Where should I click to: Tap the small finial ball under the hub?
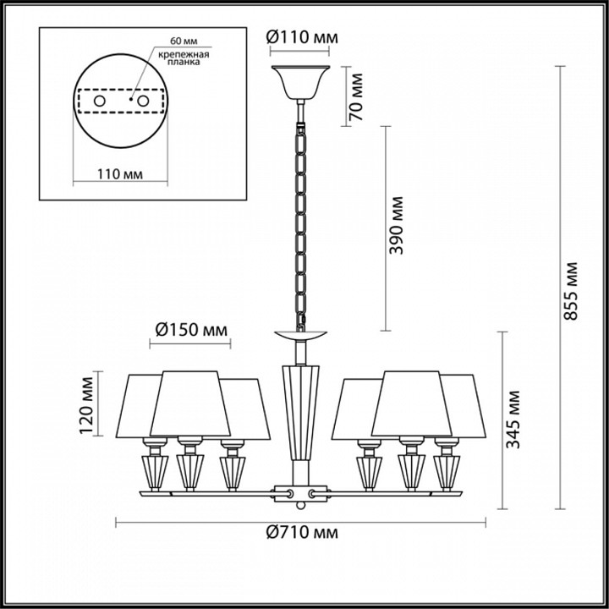[x=301, y=507]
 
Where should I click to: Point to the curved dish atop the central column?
[x=301, y=336]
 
